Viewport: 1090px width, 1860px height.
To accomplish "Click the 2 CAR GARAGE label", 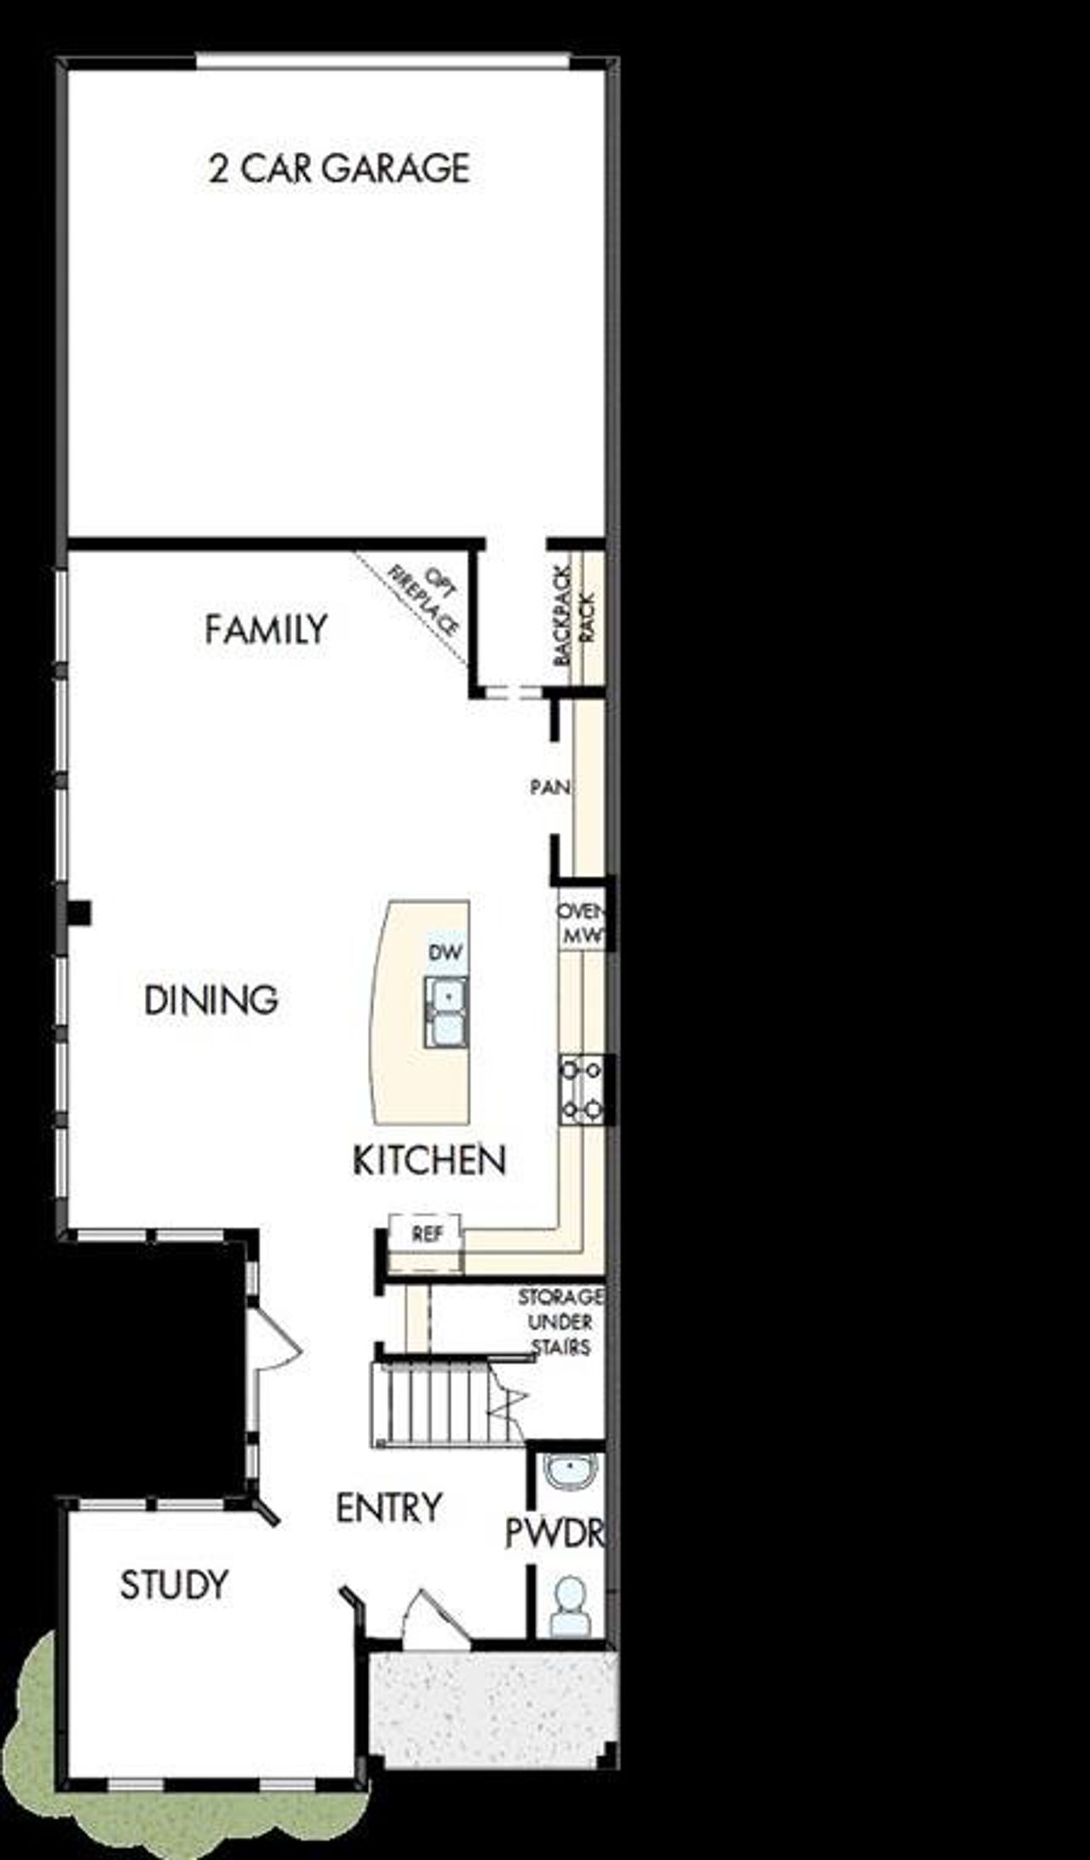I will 339,169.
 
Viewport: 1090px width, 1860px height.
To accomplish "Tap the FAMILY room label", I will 266,630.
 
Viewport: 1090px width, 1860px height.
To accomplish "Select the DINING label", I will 211,1000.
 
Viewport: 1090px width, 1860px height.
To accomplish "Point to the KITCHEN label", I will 429,1160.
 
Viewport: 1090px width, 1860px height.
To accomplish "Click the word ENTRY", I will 388,1508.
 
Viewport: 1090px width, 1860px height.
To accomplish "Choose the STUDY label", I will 174,1585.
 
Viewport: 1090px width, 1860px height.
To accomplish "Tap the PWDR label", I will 555,1533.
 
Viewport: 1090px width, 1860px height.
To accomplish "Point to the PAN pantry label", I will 550,787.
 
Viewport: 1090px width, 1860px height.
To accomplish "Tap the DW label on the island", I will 445,953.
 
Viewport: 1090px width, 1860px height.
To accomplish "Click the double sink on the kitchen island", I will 446,1011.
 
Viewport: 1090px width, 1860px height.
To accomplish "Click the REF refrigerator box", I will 426,1234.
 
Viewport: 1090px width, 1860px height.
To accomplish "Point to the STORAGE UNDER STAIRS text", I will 560,1322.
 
